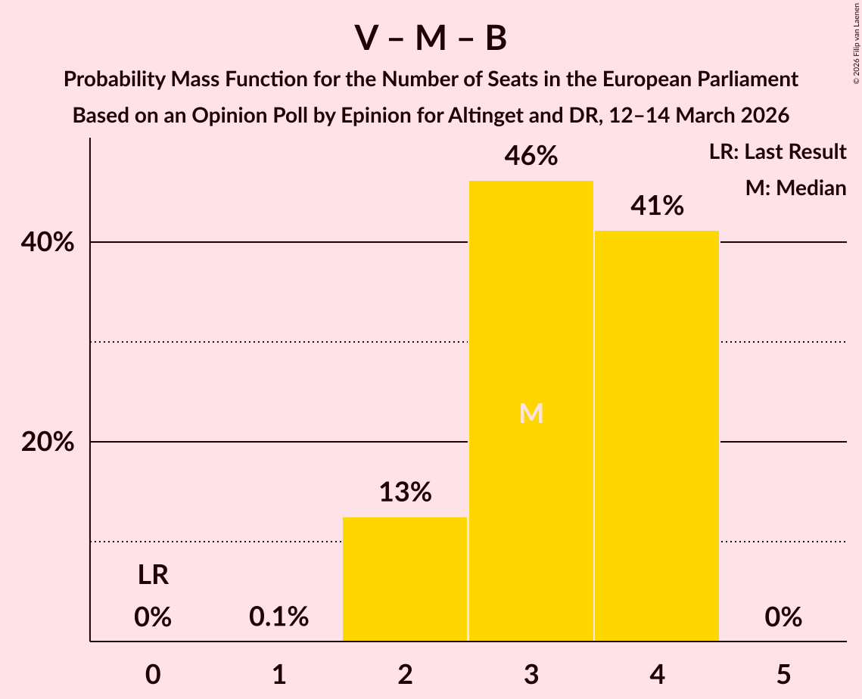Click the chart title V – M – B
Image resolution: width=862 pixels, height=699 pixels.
431,39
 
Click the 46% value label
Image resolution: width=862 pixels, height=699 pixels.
531,156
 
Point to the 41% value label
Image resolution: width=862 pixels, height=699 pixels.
657,206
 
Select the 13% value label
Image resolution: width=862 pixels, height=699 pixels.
405,492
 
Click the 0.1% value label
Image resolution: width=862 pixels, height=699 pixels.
279,617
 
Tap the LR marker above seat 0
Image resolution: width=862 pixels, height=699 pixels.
153,576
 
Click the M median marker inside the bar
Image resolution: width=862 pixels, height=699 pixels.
531,413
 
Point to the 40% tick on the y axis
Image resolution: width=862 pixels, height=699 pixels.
48,243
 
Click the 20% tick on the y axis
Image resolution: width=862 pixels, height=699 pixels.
48,443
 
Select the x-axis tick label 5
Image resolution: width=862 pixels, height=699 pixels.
783,674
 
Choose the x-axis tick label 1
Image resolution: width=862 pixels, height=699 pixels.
279,674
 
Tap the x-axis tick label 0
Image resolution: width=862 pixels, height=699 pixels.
153,674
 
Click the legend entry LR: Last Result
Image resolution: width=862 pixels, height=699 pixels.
777,152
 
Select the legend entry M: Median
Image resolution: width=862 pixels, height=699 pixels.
795,188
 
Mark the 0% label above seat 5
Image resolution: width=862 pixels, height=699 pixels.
783,617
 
